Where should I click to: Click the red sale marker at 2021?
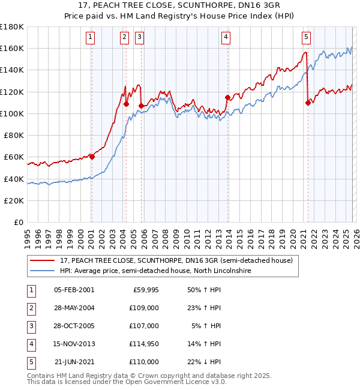[308, 103]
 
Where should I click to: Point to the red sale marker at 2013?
[227, 97]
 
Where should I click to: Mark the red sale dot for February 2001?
[92, 157]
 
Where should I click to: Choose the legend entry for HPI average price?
[154, 271]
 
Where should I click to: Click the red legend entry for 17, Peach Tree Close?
[176, 260]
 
